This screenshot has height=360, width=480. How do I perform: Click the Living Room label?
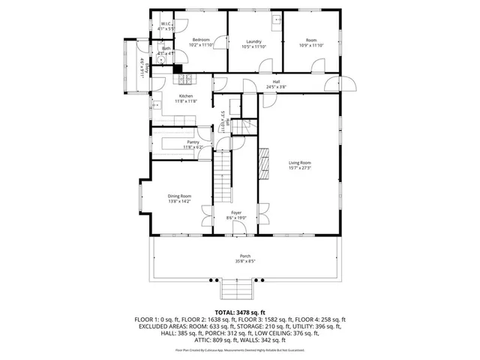[x=300, y=163]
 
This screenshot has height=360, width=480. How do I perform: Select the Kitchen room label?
[x=185, y=96]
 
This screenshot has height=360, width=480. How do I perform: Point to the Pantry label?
[x=193, y=142]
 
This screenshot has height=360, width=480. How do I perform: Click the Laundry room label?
[x=253, y=41]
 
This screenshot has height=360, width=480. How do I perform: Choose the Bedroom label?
[x=200, y=40]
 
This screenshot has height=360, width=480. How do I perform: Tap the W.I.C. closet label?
[x=166, y=24]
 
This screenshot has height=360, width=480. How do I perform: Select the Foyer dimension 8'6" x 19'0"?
[x=236, y=218]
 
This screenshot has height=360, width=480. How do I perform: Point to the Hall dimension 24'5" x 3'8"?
[x=276, y=87]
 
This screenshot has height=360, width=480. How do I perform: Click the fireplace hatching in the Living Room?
[x=264, y=163]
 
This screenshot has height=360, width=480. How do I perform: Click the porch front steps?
[x=237, y=289]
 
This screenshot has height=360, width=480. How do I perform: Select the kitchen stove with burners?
[x=184, y=79]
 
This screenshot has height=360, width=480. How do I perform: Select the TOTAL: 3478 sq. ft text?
[x=240, y=311]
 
